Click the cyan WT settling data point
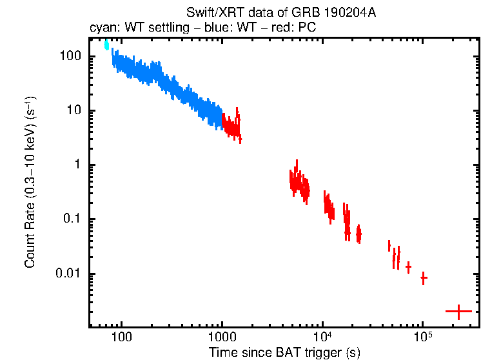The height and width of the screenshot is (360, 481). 106,45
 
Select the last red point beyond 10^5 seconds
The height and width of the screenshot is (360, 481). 458,312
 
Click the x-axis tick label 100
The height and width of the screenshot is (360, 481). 121,337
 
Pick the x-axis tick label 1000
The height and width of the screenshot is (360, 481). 222,337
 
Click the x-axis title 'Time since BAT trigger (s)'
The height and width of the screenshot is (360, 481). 284,352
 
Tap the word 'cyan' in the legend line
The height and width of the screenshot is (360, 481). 100,29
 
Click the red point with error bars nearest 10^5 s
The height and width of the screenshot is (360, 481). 424,278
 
